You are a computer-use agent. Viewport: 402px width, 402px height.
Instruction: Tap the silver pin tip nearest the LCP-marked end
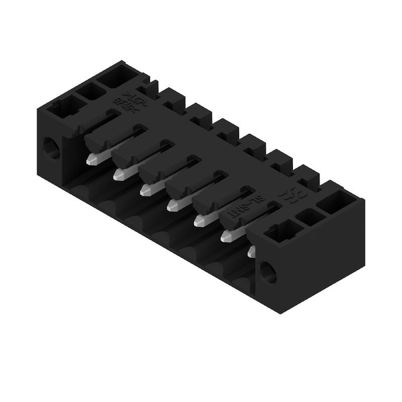tap(91, 160)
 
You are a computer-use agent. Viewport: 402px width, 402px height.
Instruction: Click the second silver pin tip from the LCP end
tap(119, 174)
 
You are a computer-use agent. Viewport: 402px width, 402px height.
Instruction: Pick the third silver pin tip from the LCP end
tap(146, 190)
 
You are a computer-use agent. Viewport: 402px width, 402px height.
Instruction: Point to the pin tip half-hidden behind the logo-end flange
tap(251, 251)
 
